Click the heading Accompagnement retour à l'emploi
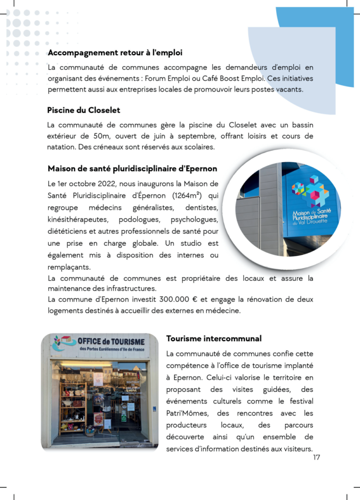pos(115,52)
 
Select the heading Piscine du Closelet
pos(83,110)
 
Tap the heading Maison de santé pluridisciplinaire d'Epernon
pos(132,168)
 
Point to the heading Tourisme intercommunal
pos(214,338)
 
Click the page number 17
pos(317,458)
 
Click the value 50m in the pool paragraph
pos(103,136)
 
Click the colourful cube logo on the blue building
pos(310,189)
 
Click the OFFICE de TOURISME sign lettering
pos(111,341)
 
